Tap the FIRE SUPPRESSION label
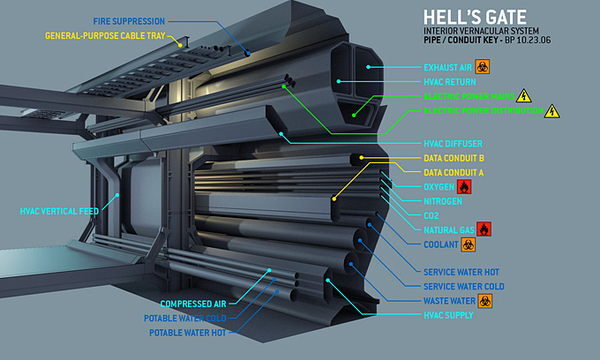[x=130, y=21]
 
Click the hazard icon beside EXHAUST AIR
[x=482, y=66]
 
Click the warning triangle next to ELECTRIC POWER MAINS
[x=523, y=95]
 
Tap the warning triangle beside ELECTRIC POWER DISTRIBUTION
[x=552, y=111]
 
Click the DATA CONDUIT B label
[x=454, y=158]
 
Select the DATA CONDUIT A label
[x=454, y=172]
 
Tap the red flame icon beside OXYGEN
[x=465, y=187]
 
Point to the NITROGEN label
[x=444, y=201]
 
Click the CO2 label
[x=431, y=215]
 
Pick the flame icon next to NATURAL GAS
[x=484, y=229]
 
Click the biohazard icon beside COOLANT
[x=468, y=244]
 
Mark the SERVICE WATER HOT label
[x=461, y=272]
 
